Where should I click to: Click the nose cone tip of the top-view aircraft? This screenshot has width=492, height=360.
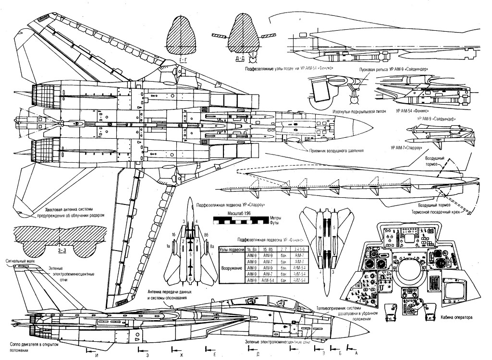[373, 126]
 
